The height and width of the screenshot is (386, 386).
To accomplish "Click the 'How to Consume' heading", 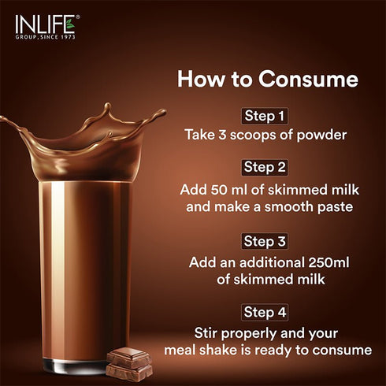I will coord(267,80).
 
